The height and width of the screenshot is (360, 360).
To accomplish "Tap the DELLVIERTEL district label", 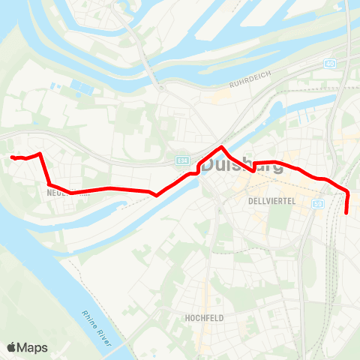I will pos(268,202).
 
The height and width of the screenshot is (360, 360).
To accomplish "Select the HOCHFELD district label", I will pos(204,318).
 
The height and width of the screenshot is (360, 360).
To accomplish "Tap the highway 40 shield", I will pos(330,64).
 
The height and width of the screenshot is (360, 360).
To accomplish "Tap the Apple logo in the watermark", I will pos(12,347).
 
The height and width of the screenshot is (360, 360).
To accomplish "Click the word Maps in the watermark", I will pos(33,347).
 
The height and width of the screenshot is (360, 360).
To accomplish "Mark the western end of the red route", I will pos(12,157).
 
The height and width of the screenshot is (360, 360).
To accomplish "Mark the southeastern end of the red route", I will pos(346,213).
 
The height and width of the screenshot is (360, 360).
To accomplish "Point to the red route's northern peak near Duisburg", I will pos(223,146).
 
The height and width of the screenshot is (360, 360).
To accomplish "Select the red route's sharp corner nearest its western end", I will pos(39,154).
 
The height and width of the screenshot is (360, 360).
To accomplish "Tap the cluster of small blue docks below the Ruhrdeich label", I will pos(306,118).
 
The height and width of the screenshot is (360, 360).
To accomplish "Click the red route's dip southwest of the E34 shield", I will pos(155,196).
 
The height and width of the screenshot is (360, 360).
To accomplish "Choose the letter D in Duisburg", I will pos(211,165).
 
